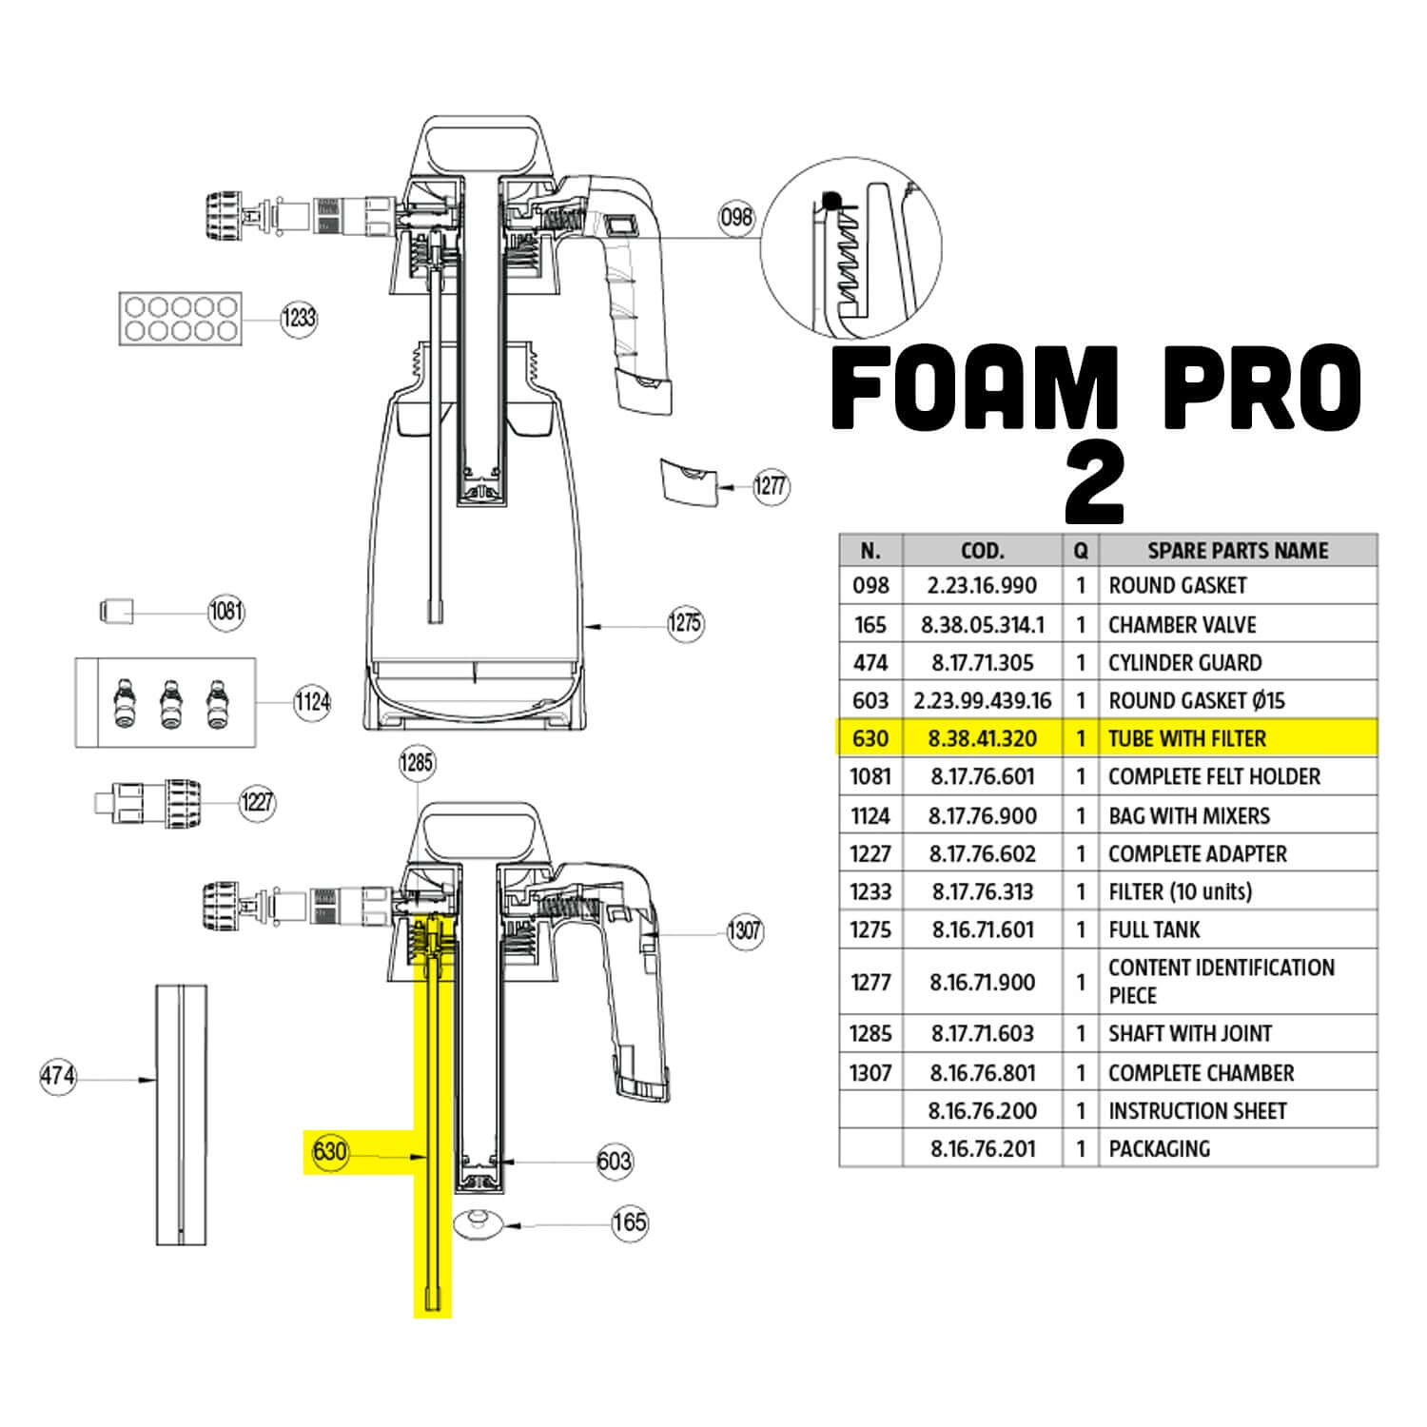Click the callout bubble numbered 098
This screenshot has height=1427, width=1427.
[x=736, y=218]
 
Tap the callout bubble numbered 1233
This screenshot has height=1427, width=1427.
[x=299, y=318]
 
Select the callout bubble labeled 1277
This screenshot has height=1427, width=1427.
[x=771, y=486]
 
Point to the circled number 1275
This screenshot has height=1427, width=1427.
[x=685, y=624]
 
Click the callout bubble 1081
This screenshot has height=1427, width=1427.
[x=226, y=611]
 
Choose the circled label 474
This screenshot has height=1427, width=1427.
[x=58, y=1077]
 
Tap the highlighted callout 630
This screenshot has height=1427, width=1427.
[x=330, y=1152]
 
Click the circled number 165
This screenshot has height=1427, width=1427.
[x=630, y=1222]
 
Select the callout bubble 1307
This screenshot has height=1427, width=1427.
[x=745, y=929]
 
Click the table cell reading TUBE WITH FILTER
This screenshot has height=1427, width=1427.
[x=1187, y=739]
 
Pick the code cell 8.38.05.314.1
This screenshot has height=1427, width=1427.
[x=983, y=625]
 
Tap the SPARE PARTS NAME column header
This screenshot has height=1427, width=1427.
[x=1238, y=551]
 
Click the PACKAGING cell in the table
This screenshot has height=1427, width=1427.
[x=1160, y=1149]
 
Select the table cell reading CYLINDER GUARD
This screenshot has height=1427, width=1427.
[x=1185, y=663]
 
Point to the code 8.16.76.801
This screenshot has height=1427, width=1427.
[x=983, y=1073]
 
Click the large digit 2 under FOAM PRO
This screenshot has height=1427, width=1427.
[x=1095, y=485]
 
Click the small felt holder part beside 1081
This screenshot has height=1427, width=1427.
[x=116, y=610]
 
